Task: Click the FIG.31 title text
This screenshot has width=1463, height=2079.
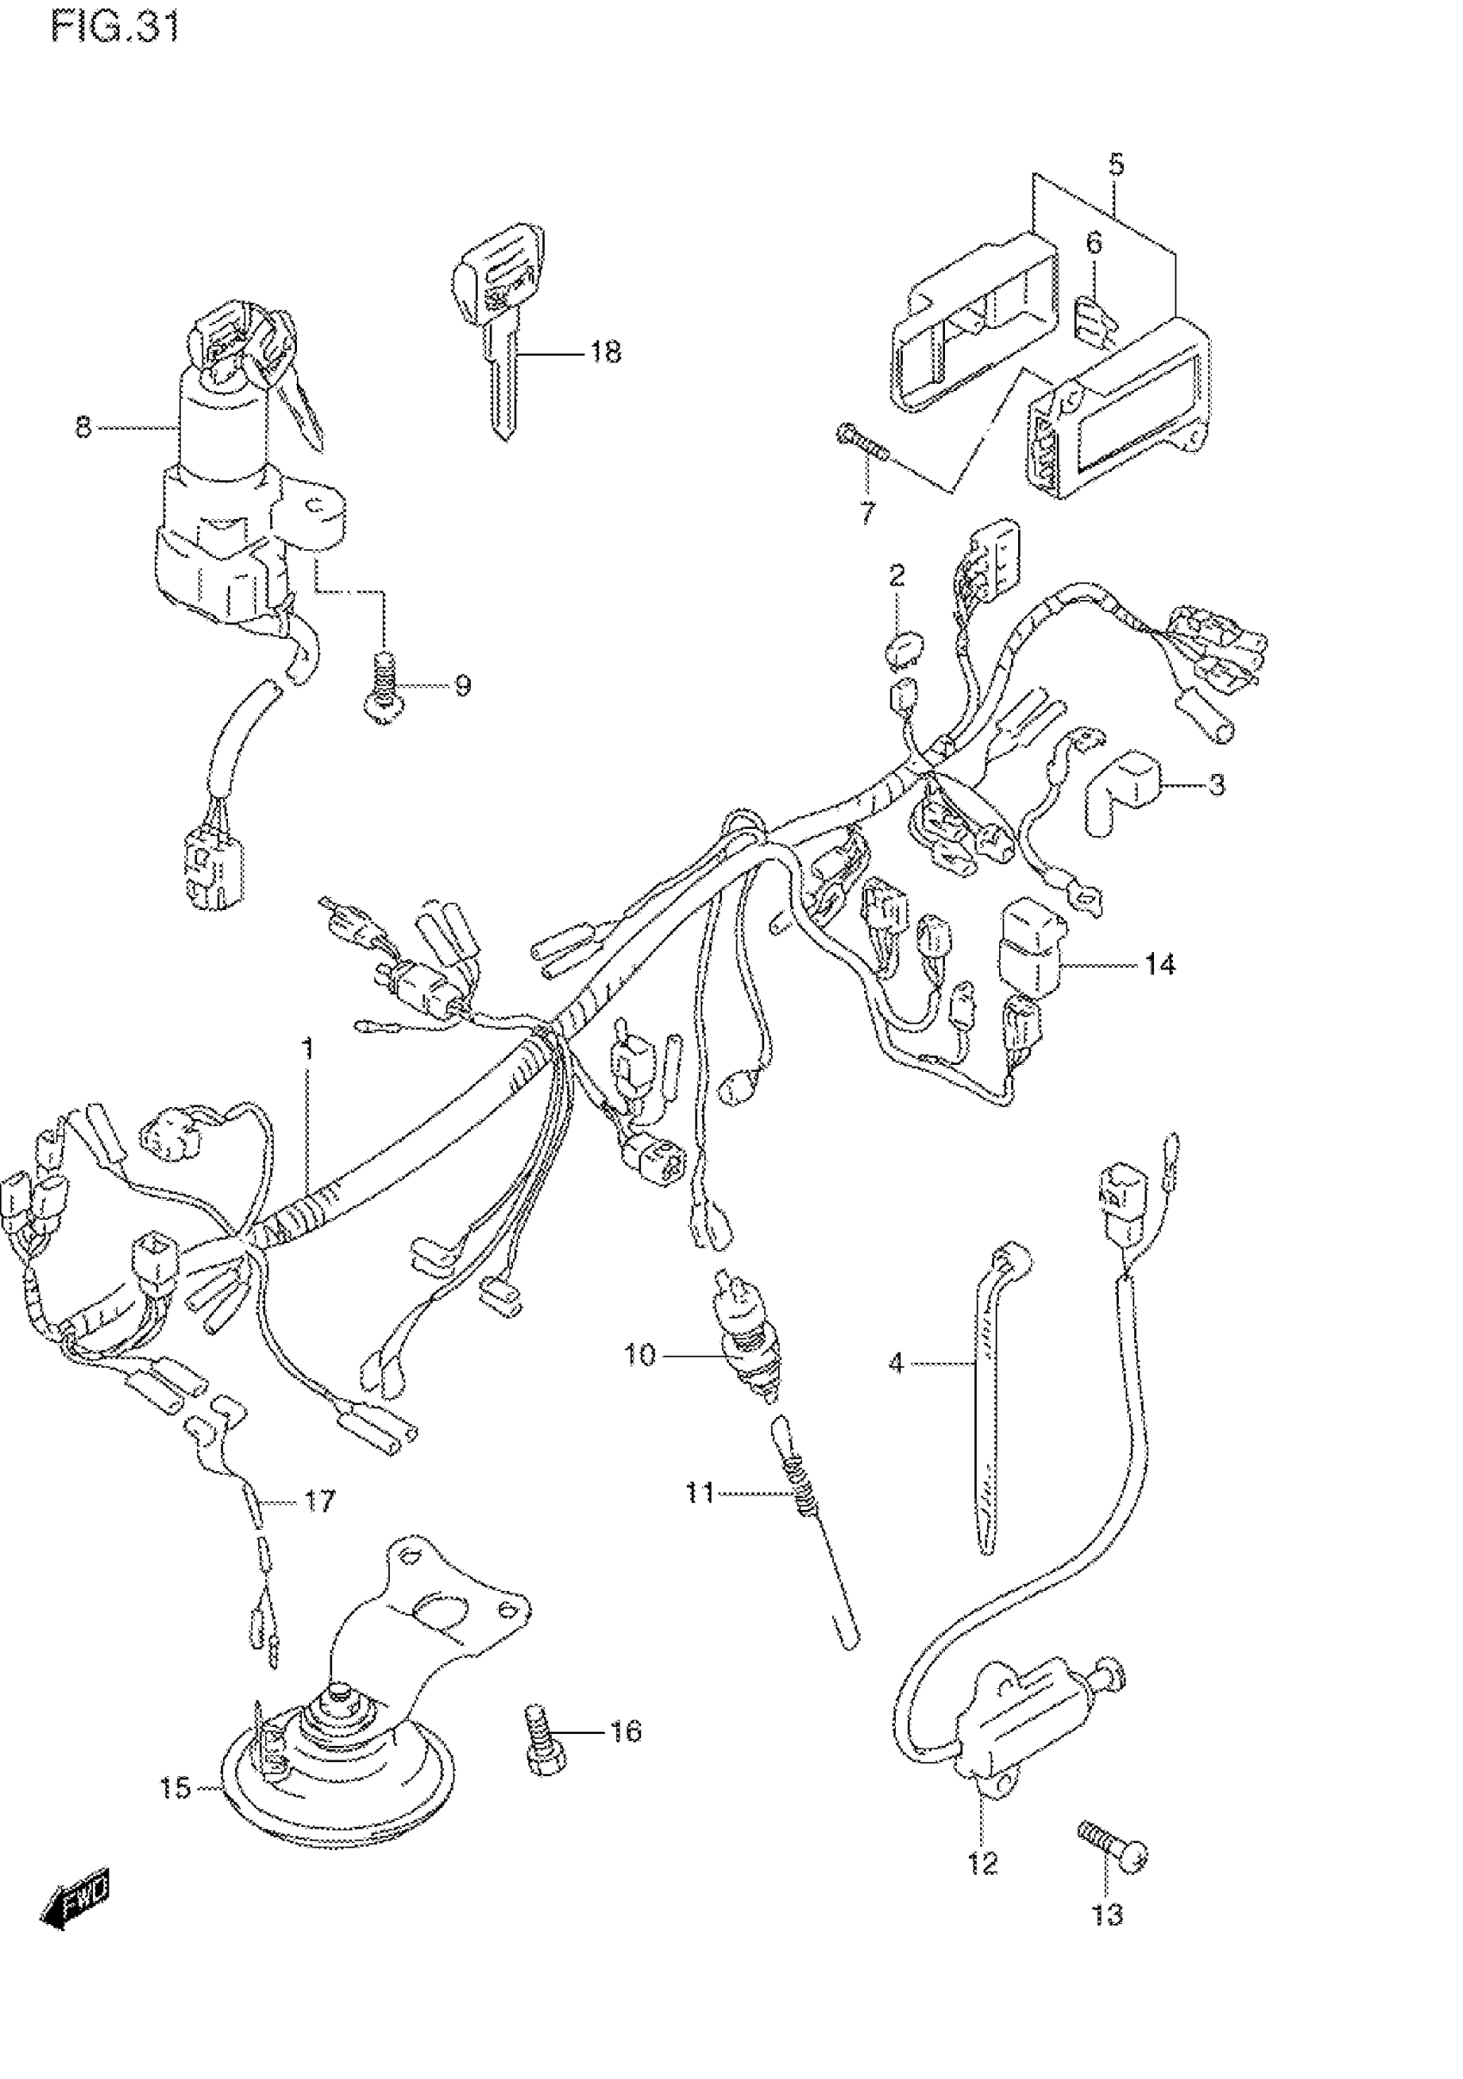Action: (x=115, y=27)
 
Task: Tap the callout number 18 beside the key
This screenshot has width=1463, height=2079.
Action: (x=605, y=352)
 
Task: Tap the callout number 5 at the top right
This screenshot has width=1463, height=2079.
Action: (x=1115, y=164)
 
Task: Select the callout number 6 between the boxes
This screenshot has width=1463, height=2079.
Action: (x=1094, y=243)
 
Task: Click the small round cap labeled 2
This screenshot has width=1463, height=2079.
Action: (x=901, y=652)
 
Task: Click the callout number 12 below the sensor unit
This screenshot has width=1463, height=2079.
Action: (x=982, y=1864)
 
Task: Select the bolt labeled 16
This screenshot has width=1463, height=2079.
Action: (x=544, y=1740)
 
